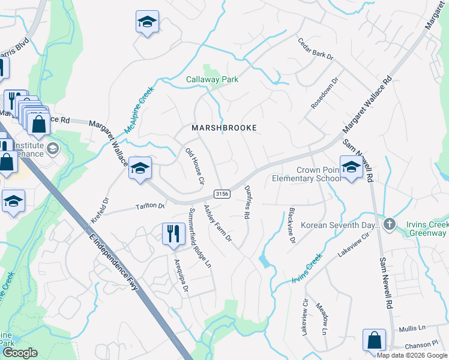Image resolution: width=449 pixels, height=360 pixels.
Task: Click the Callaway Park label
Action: [x=212, y=79]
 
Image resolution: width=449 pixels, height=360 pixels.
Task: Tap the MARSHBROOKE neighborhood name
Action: [x=224, y=128]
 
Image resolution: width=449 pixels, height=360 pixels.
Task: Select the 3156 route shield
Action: [x=221, y=193]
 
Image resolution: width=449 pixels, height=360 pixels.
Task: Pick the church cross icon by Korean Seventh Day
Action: [x=390, y=224]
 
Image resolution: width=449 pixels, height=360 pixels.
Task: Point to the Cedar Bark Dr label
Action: [x=315, y=49]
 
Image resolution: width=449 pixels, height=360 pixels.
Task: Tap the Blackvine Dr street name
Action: [x=291, y=226]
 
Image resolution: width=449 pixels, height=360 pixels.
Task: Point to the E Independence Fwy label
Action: [x=113, y=262]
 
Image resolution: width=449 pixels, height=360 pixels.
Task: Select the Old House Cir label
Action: [x=195, y=166]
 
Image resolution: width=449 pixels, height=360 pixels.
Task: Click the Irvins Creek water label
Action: [x=307, y=268]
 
